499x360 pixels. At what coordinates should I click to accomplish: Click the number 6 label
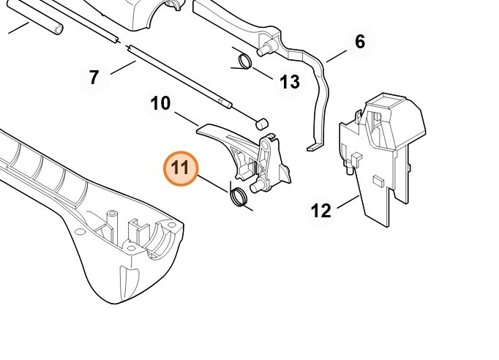[359, 42]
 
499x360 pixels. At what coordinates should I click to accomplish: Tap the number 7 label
[94, 77]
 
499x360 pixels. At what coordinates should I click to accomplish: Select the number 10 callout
[160, 103]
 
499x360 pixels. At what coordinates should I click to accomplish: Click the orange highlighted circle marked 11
[181, 168]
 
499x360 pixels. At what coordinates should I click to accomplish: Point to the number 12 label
[321, 211]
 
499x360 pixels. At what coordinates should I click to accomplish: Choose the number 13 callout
[290, 82]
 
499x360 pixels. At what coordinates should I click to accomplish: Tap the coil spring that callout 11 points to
[238, 195]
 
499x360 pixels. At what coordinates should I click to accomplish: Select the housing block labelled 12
[384, 146]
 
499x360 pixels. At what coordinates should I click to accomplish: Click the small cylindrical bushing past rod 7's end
[262, 120]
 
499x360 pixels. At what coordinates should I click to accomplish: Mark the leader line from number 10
[187, 117]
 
